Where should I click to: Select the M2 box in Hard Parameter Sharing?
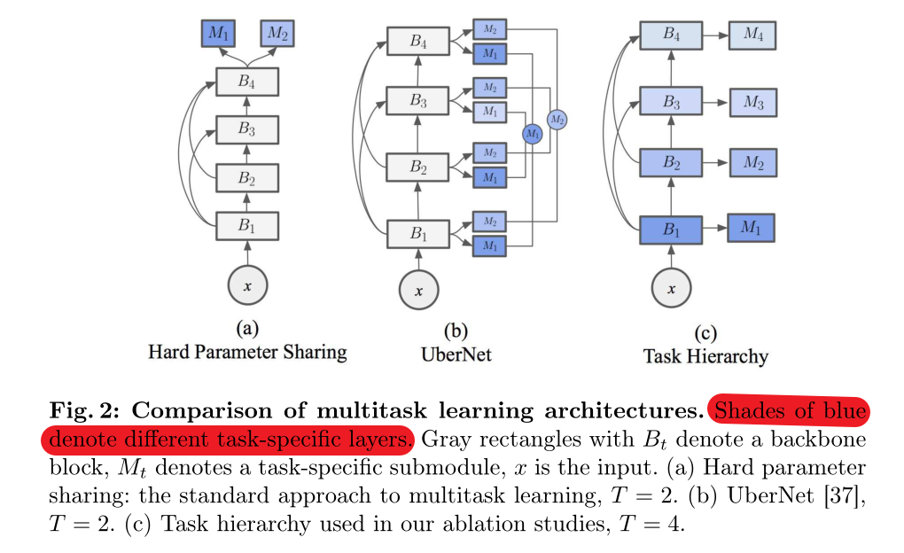[277, 34]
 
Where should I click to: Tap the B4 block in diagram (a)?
[247, 82]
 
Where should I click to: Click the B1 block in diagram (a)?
[247, 224]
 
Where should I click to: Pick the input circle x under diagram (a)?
[247, 285]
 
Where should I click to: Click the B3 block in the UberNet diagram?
[417, 101]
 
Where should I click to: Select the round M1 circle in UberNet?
[532, 134]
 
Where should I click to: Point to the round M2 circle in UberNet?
[557, 119]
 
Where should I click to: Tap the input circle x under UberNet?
[417, 290]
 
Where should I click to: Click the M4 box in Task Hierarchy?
[752, 35]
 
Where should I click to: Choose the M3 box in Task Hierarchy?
[753, 102]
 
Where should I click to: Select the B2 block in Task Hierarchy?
[672, 164]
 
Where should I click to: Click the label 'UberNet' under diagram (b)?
[456, 354]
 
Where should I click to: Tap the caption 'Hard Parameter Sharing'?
[247, 353]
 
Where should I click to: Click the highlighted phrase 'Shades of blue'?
[791, 412]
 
